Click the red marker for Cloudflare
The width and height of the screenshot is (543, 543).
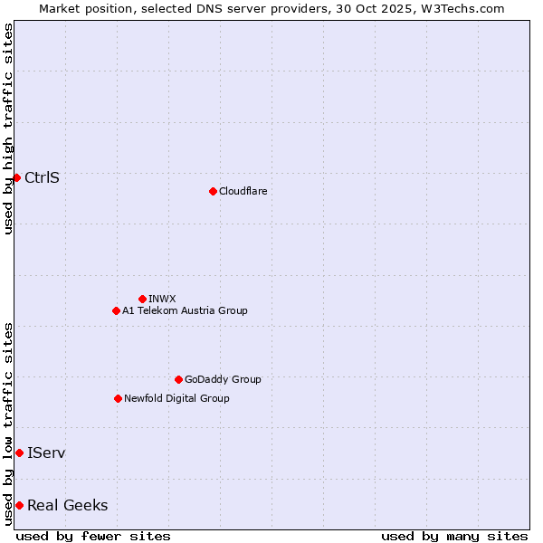pos(213,191)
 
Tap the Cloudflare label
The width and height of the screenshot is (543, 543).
pos(243,191)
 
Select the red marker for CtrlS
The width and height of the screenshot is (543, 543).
pos(16,177)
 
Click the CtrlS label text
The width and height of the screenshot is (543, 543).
pos(42,177)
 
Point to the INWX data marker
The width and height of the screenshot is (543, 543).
pos(142,299)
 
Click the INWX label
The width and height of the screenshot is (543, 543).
pos(162,299)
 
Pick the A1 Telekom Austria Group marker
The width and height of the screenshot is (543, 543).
pos(116,310)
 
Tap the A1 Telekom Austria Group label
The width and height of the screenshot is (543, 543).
pos(185,310)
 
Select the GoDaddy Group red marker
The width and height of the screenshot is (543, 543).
pos(178,379)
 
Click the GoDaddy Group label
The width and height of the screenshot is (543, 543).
pos(223,379)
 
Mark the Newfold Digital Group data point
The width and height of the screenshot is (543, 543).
pos(118,398)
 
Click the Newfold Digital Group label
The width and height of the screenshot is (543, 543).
pos(176,398)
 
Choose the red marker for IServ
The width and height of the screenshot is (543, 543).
pos(19,452)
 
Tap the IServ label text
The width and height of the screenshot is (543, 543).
pos(46,452)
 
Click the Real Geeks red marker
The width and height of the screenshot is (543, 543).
pos(19,505)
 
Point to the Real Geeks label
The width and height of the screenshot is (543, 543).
pos(67,505)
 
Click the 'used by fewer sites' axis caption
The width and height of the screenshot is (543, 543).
pos(93,536)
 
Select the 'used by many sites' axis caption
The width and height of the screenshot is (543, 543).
pos(454,536)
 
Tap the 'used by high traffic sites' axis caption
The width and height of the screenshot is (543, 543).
pos(8,129)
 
